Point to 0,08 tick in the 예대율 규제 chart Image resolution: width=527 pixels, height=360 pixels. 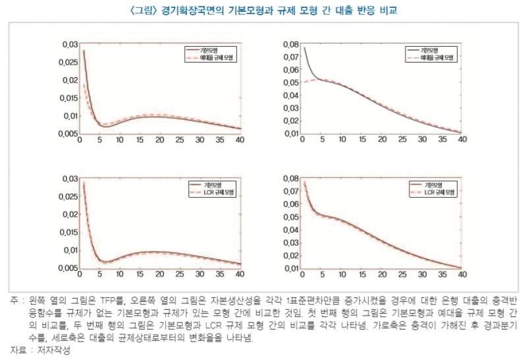(x=289, y=44)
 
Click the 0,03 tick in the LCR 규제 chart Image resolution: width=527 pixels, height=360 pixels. (x=69, y=179)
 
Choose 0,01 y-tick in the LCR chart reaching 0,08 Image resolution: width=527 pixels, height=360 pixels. (x=289, y=268)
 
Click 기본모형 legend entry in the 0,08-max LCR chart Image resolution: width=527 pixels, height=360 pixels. (x=433, y=185)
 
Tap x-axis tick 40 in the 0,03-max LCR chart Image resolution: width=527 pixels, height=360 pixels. (x=240, y=274)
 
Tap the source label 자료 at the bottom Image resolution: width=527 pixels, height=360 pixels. (x=18, y=350)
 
